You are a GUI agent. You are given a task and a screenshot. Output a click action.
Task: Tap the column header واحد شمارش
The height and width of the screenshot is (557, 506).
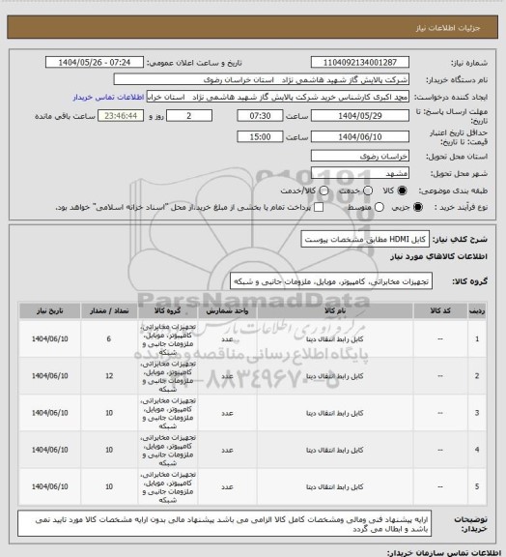click(223, 312)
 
